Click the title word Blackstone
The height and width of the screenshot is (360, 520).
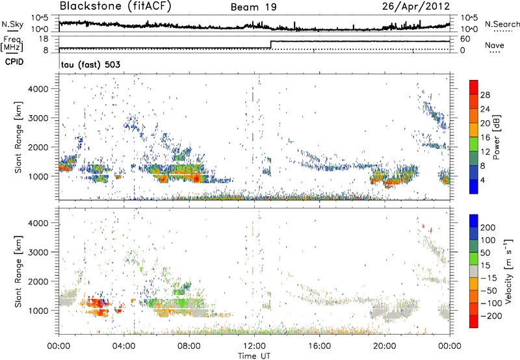88,6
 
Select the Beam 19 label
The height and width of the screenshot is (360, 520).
253,7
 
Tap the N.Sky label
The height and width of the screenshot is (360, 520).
10,24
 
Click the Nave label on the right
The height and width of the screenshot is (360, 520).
495,45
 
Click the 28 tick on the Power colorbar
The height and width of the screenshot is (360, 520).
486,95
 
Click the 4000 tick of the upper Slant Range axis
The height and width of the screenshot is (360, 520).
43,88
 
